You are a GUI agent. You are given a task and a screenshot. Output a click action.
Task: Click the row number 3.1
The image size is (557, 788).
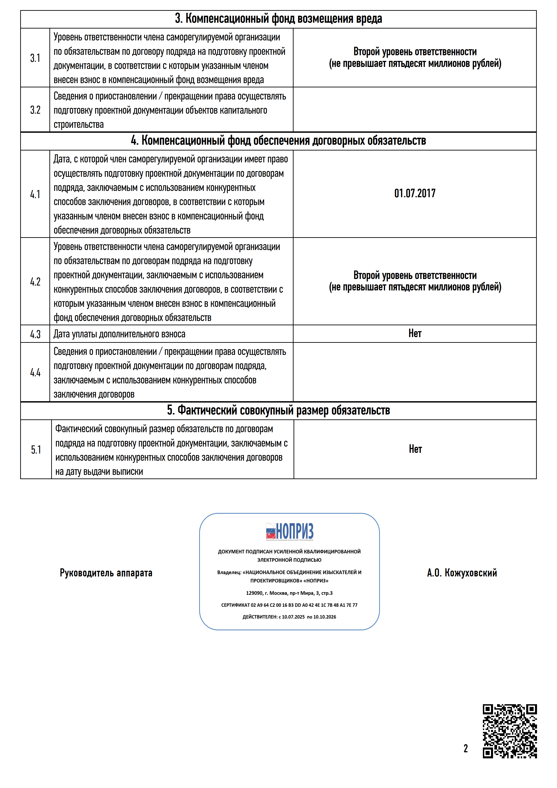[x=35, y=58]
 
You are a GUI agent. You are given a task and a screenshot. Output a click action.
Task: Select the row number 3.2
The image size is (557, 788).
[x=35, y=110]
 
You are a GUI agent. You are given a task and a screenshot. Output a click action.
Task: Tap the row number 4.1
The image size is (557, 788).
[x=35, y=194]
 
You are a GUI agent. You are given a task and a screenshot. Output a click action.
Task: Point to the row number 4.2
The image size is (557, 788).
[x=35, y=282]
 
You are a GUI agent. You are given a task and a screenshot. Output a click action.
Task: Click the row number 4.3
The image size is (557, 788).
[x=35, y=334]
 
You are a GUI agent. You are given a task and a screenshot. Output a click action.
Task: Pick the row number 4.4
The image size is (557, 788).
[x=35, y=372]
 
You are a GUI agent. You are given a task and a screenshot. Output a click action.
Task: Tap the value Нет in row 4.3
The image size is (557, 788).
[x=415, y=333]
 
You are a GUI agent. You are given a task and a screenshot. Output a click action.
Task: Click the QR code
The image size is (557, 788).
[x=510, y=731]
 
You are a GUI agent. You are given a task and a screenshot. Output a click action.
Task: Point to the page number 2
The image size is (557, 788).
[x=466, y=748]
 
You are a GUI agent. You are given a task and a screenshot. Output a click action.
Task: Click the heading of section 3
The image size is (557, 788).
[x=278, y=19]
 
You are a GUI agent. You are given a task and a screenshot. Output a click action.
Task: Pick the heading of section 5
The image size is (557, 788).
[x=278, y=410]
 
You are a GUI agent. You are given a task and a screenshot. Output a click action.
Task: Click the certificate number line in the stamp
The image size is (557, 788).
[x=289, y=605]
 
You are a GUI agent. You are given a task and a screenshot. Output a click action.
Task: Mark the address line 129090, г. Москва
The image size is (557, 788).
[x=289, y=593]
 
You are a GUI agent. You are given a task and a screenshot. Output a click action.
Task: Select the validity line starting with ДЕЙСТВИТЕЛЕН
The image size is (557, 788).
[x=289, y=617]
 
